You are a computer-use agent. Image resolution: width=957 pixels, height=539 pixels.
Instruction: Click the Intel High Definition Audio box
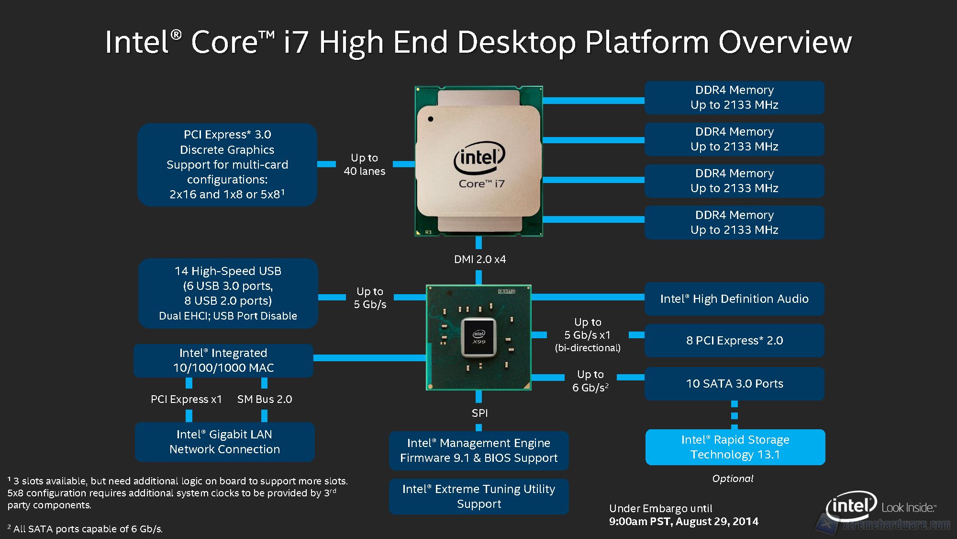(x=734, y=299)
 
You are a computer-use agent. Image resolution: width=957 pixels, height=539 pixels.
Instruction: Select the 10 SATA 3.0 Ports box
(x=734, y=384)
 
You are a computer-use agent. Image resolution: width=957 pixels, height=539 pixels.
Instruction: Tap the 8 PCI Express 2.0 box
(x=734, y=341)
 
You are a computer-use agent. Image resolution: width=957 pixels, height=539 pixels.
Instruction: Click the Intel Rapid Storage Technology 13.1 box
(x=735, y=447)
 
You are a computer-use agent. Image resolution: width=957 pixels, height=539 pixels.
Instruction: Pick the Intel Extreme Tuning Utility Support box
(x=478, y=496)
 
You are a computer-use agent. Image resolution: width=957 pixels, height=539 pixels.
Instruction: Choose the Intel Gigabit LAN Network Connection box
(x=224, y=442)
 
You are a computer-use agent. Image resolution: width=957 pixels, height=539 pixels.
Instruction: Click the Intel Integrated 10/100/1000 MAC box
(x=223, y=360)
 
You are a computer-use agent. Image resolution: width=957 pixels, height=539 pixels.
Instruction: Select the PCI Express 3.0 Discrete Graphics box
(x=227, y=164)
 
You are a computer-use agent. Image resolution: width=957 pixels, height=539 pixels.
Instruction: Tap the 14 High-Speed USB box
(x=228, y=293)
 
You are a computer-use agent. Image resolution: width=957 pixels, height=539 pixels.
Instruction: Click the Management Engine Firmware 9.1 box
(x=478, y=450)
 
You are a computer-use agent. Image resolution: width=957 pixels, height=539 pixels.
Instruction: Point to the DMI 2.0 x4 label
(x=479, y=260)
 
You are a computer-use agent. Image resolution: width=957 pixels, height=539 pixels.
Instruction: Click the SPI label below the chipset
(x=479, y=413)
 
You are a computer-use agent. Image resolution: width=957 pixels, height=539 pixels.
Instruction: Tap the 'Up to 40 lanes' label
(x=364, y=164)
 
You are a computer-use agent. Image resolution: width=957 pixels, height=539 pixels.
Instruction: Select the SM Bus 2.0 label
(x=264, y=399)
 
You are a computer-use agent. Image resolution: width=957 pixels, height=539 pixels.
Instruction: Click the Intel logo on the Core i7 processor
(x=479, y=157)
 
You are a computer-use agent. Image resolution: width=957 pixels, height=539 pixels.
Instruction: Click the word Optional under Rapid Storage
(x=733, y=479)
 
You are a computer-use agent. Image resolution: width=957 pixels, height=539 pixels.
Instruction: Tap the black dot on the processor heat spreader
(x=431, y=119)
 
